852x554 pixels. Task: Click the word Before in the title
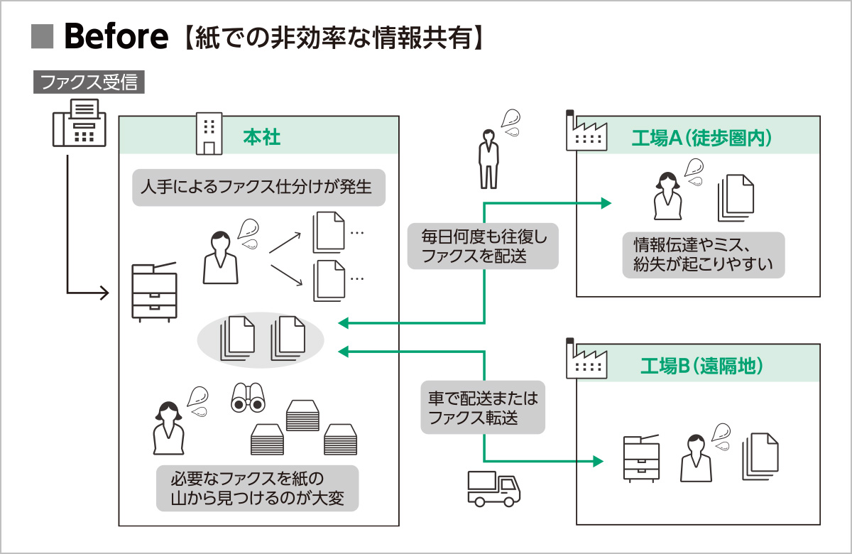116,38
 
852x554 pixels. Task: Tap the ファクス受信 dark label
89,82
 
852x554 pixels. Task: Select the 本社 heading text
262,136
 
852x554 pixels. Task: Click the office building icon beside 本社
208,135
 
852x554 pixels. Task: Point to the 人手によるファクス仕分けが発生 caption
258,188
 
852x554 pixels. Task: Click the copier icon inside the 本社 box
154,292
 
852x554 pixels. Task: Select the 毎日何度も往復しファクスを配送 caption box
482,246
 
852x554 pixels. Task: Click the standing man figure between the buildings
488,158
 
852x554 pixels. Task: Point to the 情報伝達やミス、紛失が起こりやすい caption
702,255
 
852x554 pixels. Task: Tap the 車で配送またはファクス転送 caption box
482,408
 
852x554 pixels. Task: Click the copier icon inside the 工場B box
640,459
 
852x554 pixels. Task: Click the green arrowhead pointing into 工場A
606,204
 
